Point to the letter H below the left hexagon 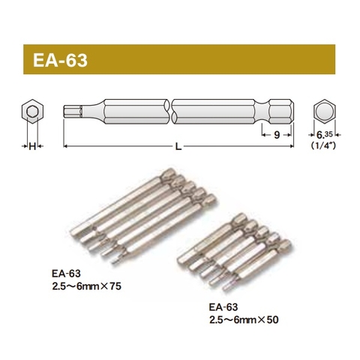(31, 146)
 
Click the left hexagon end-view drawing (31, 112)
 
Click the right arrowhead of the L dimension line (290, 145)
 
